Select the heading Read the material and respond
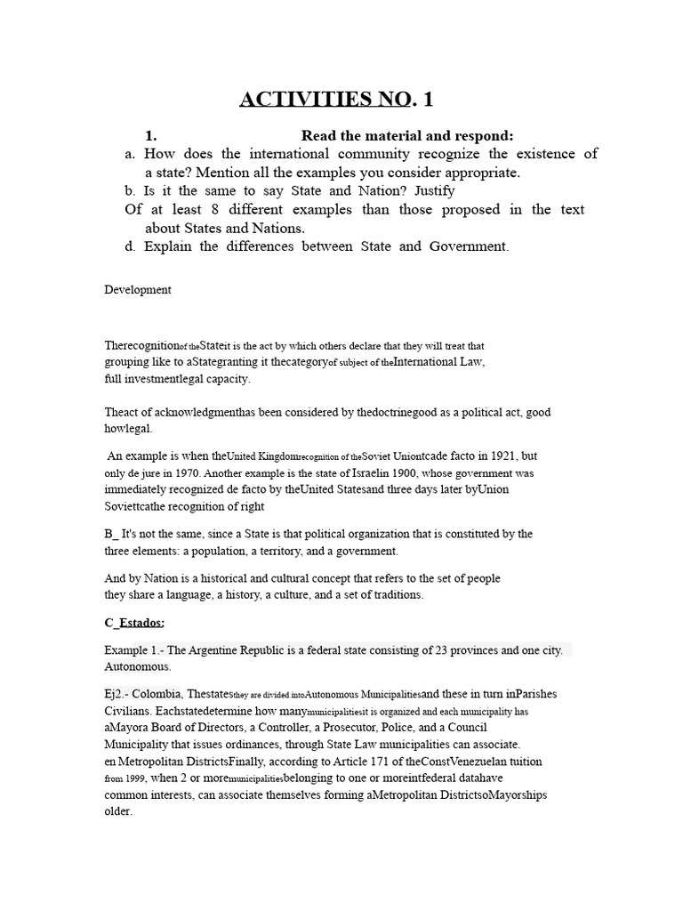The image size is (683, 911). (x=407, y=135)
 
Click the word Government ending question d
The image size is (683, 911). (x=469, y=246)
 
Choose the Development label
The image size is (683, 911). (x=138, y=290)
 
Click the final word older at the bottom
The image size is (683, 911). (x=118, y=811)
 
